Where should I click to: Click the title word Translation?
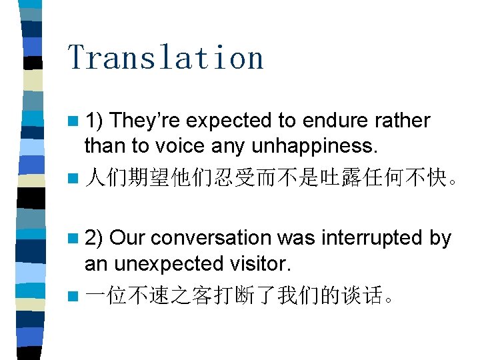click(165, 57)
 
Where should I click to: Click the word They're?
click(147, 121)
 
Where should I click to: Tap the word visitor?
click(261, 263)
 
